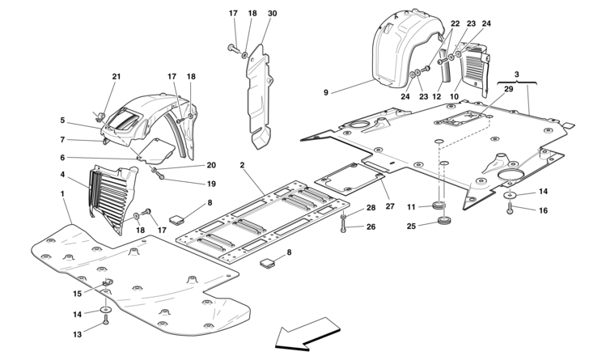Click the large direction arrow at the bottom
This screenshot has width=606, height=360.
pyautogui.click(x=307, y=334)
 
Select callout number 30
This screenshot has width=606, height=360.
pyautogui.click(x=272, y=14)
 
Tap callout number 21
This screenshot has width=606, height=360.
pyautogui.click(x=117, y=77)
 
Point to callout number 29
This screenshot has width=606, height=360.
pyautogui.click(x=509, y=89)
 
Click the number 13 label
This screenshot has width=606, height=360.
pyautogui.click(x=78, y=334)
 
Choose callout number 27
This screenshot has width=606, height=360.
pyautogui.click(x=390, y=206)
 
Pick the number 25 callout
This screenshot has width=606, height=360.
pyautogui.click(x=411, y=226)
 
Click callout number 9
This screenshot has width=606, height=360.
pyautogui.click(x=326, y=93)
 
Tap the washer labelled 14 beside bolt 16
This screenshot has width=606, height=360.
pyautogui.click(x=510, y=195)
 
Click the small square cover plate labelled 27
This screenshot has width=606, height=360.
pyautogui.click(x=350, y=178)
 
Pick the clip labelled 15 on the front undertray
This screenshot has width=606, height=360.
pyautogui.click(x=107, y=283)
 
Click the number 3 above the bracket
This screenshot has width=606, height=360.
pyautogui.click(x=517, y=74)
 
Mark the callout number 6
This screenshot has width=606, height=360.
pyautogui.click(x=62, y=158)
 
